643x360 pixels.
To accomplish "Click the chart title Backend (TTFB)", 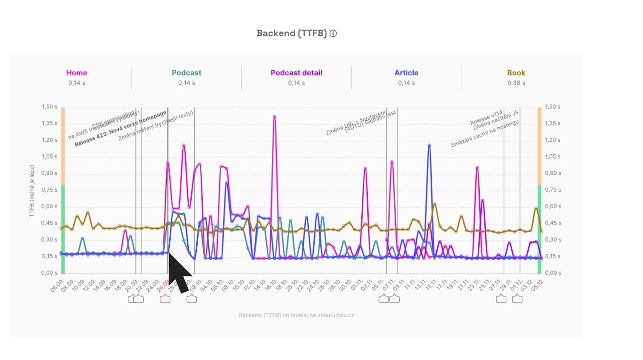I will (x=291, y=33).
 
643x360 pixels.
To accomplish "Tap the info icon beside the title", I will (x=333, y=33).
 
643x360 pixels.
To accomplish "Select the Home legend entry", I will (x=77, y=73).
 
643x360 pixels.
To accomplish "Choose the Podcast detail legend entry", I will (x=296, y=73).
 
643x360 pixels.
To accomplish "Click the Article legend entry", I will (x=406, y=73).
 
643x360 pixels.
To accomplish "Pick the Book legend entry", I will (x=516, y=73).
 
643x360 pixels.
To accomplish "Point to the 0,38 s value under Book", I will (x=516, y=83).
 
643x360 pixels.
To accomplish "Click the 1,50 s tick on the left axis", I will (x=49, y=107).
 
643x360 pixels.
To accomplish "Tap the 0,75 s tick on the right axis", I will (x=553, y=190).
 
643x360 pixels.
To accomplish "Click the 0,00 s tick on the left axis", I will (x=49, y=273).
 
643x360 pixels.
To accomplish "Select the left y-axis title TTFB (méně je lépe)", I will (x=32, y=191).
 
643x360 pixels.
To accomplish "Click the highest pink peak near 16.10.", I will (x=274, y=117).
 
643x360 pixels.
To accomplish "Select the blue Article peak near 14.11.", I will (x=429, y=146).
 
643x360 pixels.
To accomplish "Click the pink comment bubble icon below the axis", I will (x=165, y=299).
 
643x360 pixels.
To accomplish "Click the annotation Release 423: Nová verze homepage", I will (x=121, y=129).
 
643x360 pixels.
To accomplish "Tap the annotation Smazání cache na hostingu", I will (x=484, y=134).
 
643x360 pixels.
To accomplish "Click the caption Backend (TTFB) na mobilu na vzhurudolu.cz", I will (x=296, y=315).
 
